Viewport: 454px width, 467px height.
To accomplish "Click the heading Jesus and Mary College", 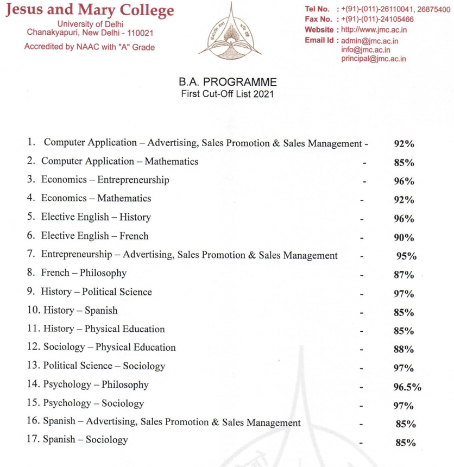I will pos(90,10).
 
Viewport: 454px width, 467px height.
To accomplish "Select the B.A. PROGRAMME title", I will pos(228,83).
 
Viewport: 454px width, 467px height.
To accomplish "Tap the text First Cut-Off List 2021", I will pos(228,93).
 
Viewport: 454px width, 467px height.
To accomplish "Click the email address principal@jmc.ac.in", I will pos(374,59).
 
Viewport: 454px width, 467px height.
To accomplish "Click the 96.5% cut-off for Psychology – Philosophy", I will pos(407,387).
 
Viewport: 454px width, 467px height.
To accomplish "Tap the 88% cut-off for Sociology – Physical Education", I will pos(404,350).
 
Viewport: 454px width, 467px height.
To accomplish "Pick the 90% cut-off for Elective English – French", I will pos(404,237).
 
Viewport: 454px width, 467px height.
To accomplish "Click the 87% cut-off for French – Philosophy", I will pos(404,275).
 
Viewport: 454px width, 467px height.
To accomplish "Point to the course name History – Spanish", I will pos(79,311).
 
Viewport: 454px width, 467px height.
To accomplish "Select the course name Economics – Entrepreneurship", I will pos(105,179).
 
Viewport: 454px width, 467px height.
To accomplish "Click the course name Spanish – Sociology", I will pos(85,440).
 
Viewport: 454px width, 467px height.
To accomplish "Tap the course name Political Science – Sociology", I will pos(104,366).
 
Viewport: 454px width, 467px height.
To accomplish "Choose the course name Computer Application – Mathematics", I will pos(119,161).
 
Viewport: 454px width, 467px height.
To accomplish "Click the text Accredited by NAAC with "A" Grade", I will pos(90,47).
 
